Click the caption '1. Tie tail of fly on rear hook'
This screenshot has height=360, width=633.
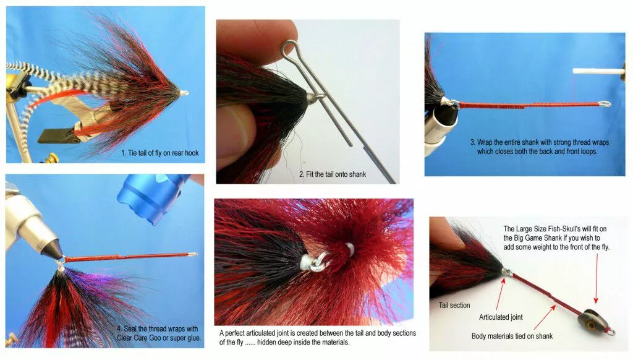[x=160, y=153]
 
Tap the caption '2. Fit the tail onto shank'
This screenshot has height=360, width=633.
[x=332, y=174]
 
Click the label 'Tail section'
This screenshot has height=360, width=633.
[x=454, y=306]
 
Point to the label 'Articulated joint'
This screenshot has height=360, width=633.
[x=501, y=317]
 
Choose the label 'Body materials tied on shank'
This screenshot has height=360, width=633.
[x=512, y=336]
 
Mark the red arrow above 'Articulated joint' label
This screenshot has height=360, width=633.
[x=500, y=293]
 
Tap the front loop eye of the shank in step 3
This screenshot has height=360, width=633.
[x=605, y=105]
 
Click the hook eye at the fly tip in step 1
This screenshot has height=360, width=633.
[x=184, y=93]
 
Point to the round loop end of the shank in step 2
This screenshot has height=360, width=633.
[x=288, y=48]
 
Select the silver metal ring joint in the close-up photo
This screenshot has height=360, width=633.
[x=318, y=262]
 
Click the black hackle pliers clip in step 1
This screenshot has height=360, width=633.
[x=56, y=136]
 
